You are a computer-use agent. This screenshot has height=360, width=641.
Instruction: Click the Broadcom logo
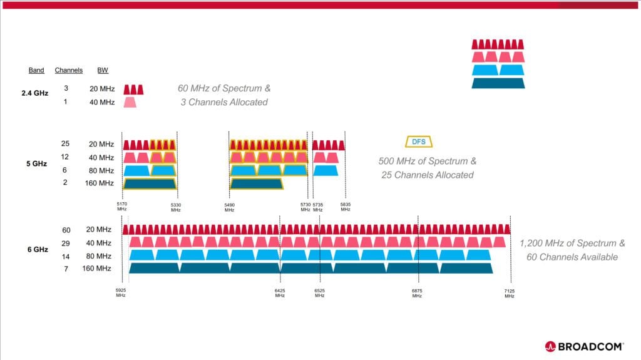point(584,346)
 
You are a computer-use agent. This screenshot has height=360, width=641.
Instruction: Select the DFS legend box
point(419,141)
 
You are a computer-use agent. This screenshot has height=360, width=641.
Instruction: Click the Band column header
point(36,70)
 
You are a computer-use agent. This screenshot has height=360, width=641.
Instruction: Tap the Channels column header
point(69,70)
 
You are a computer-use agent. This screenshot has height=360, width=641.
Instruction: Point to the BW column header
point(103,70)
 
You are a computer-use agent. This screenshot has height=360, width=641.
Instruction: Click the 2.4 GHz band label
point(35,93)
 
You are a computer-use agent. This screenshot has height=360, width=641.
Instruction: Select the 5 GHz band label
point(36,163)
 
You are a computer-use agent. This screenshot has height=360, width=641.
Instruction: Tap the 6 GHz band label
point(38,250)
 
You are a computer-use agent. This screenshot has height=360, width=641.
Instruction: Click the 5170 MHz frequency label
point(122,206)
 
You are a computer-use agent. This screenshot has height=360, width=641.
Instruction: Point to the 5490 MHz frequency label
point(229,207)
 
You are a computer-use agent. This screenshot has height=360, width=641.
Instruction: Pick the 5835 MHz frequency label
point(346,207)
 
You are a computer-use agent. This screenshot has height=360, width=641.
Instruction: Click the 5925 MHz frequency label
point(121,292)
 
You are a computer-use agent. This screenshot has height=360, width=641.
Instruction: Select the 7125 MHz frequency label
point(510,293)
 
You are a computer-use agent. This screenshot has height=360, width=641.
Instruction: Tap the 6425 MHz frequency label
point(280,293)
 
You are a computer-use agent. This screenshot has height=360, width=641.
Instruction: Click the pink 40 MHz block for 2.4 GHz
point(130,102)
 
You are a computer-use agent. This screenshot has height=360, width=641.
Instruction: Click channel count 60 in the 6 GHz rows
point(66,230)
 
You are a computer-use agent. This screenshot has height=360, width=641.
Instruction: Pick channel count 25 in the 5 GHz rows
point(65,143)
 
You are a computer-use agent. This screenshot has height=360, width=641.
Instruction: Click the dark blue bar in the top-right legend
point(498,83)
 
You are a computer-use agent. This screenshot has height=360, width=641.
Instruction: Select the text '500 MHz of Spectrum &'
point(427,161)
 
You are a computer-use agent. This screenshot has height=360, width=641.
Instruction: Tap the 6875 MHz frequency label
point(417,293)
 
